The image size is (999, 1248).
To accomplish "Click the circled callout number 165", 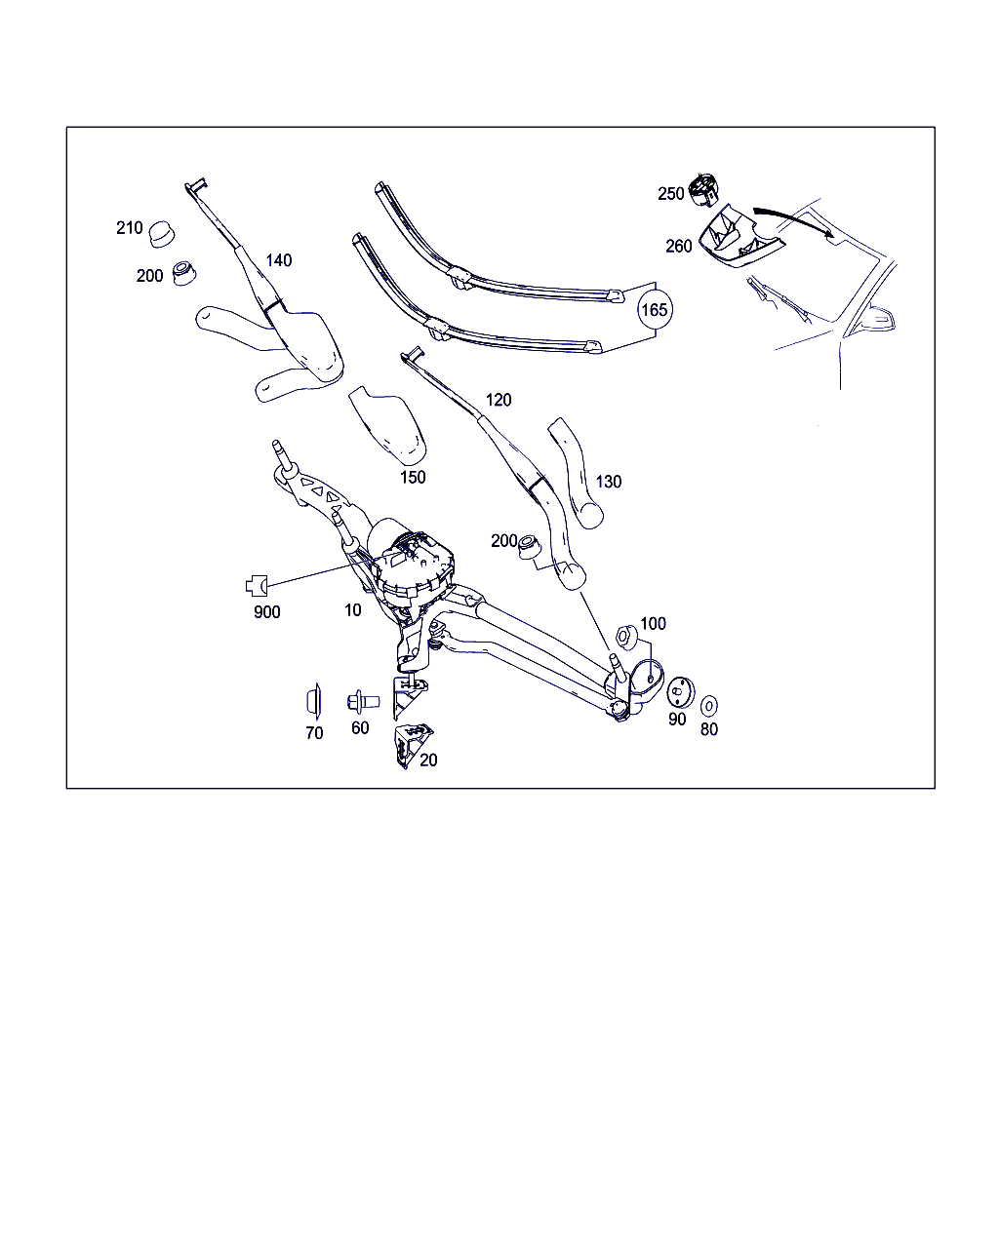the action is pos(655,310).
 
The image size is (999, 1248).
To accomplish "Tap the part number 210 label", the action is pos(130,228).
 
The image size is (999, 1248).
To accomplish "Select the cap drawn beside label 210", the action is pos(161,234).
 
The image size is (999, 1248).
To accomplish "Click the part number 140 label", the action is pos(279,260).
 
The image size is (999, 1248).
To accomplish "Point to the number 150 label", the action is pos(413,478).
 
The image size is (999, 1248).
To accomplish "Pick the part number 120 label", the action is pos(499,400).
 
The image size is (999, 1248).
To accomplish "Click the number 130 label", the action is pos(609,482).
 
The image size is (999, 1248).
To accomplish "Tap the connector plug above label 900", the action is pos(257,586).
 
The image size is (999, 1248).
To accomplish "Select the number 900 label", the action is pos(267,612).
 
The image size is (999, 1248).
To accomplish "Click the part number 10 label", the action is pos(352,610).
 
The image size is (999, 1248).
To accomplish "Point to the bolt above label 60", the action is pos(363,702).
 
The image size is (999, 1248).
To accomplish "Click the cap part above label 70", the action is pos(314,701).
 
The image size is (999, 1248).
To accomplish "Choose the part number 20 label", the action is pos(428,760).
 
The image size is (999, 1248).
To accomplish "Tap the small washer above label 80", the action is pos(708,706).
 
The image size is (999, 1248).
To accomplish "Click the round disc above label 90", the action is pos(680,692).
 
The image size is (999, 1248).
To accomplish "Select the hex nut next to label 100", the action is pos(626,636).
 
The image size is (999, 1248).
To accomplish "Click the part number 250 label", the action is pos(671,194).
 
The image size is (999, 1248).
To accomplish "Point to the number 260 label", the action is pos(679,246).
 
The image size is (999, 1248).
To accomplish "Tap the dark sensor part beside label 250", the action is pos(703,189).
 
